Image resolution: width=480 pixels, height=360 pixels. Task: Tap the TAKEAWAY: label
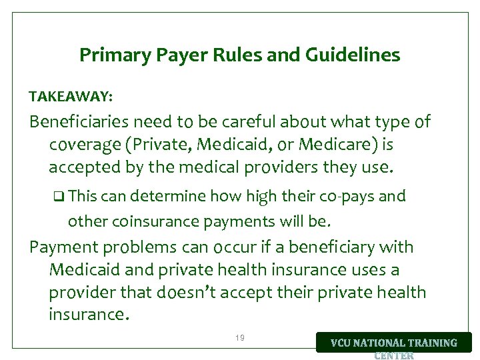tap(71, 97)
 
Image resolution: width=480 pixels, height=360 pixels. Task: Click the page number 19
tap(240, 339)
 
